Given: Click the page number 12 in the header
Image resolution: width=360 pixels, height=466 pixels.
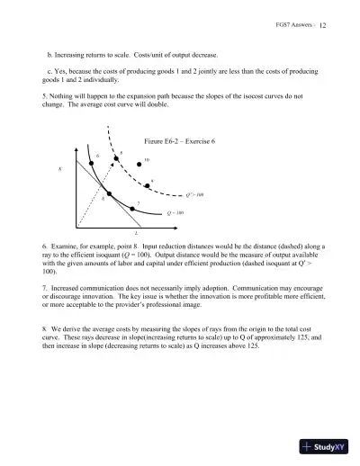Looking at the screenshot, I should [x=322, y=26].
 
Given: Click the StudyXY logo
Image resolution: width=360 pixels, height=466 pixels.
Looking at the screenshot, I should [x=321, y=446].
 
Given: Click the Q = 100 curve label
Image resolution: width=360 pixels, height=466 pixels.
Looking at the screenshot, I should [x=175, y=213].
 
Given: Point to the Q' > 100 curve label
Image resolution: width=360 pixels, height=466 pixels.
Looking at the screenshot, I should [x=183, y=193].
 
